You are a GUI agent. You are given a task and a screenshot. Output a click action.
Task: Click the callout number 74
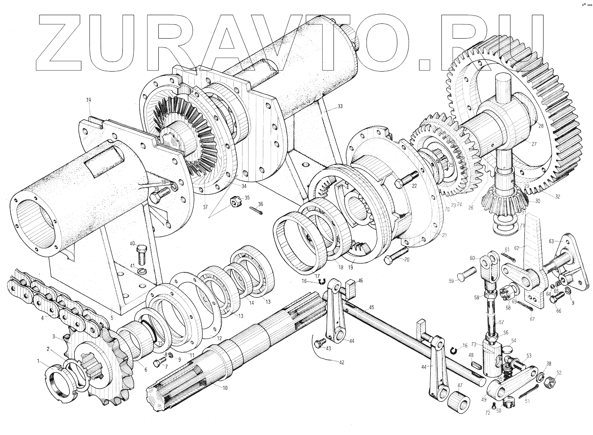coord(88,100)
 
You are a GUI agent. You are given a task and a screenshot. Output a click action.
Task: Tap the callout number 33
coord(339,106)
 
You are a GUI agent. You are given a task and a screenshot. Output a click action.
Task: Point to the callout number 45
coord(371,307)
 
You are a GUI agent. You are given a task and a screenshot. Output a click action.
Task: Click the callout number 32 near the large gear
coord(557,196)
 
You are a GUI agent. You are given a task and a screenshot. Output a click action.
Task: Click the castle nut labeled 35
coord(235,202)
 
